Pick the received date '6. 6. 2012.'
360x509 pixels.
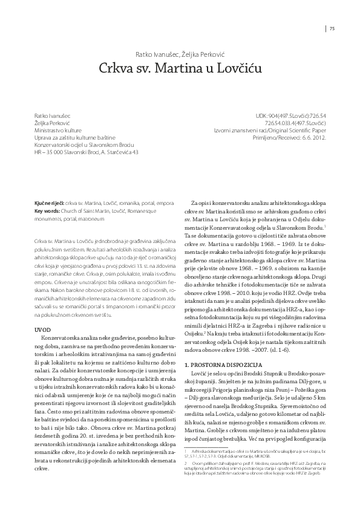pyautogui.click(x=314, y=137)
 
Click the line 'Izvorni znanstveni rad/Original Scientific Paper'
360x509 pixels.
pyautogui.click(x=270, y=129)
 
